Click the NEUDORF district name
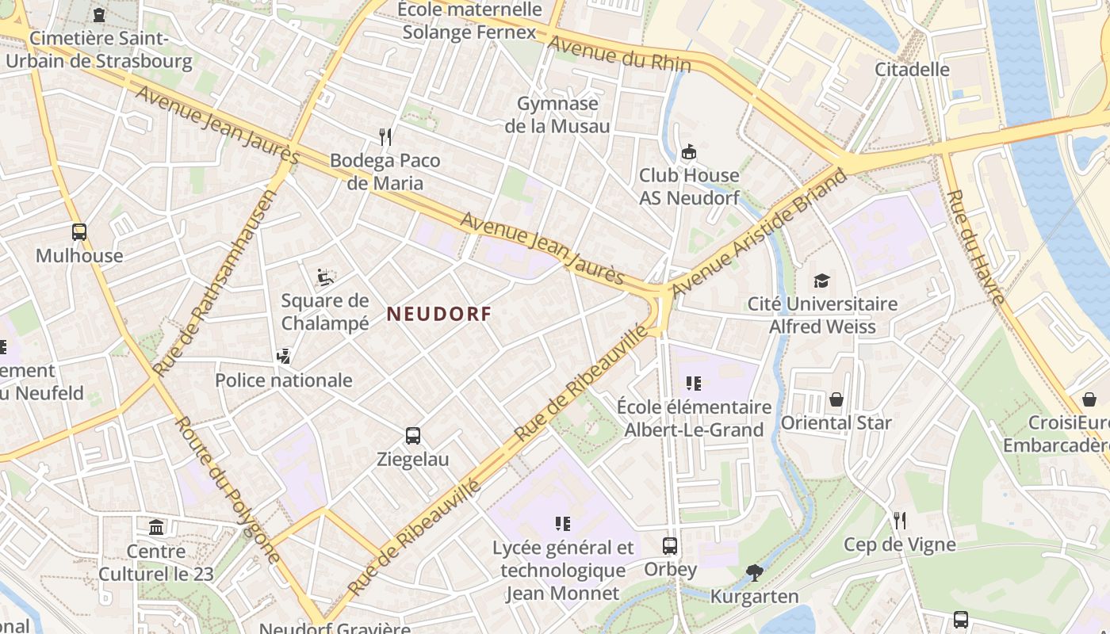(x=438, y=314)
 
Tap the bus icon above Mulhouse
(x=79, y=232)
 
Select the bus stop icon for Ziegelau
(x=413, y=435)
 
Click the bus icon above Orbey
(x=670, y=545)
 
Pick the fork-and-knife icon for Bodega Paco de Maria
(x=385, y=136)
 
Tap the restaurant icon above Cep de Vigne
(x=899, y=520)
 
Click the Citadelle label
(x=912, y=69)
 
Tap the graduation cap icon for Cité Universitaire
(x=821, y=281)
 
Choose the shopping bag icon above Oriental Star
(x=836, y=399)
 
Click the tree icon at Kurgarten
(x=755, y=572)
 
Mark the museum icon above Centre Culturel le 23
(x=156, y=527)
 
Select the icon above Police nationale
(x=283, y=357)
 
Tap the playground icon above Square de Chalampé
(x=324, y=277)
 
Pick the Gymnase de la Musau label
(x=557, y=115)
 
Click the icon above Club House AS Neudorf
(x=688, y=151)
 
